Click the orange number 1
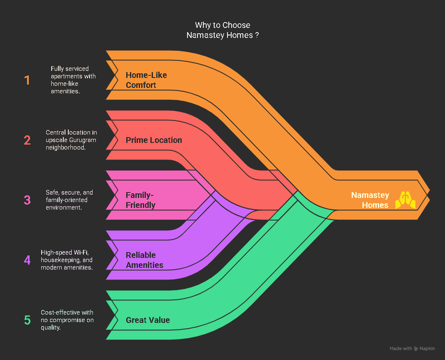coord(27,80)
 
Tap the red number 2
coord(27,140)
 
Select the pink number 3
coord(27,200)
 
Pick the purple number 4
coord(27,260)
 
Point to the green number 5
coord(27,320)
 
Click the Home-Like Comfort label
coord(146,80)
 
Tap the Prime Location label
coord(154,140)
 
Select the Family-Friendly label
coord(140,200)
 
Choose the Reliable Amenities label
coord(145,260)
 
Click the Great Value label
coord(148,320)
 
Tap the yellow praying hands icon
coord(405,200)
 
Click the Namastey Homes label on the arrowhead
coord(370,200)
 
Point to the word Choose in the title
coord(236,25)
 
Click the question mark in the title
coord(257,35)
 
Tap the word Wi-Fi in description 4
coord(81,252)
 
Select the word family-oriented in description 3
coord(67,200)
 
